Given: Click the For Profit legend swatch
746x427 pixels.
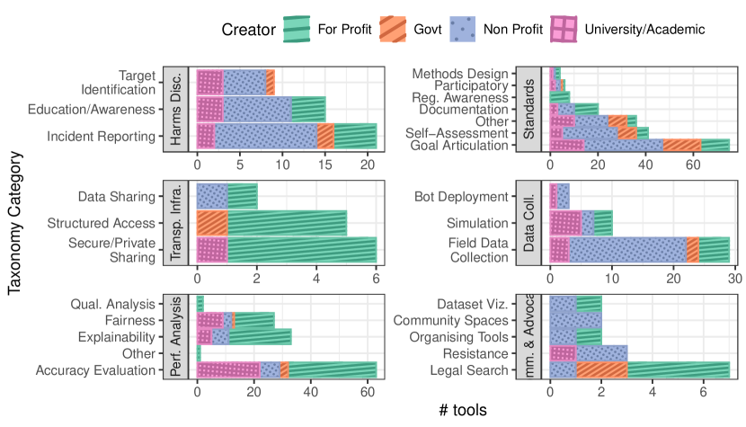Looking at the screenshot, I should click(297, 30).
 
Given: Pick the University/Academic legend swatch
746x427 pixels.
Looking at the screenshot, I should click(565, 30).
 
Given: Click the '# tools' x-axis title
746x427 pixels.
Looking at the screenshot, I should click(463, 410).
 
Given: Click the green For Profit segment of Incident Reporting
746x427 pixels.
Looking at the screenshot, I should click(355, 136).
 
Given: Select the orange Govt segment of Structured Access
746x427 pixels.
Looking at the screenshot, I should click(212, 223).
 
